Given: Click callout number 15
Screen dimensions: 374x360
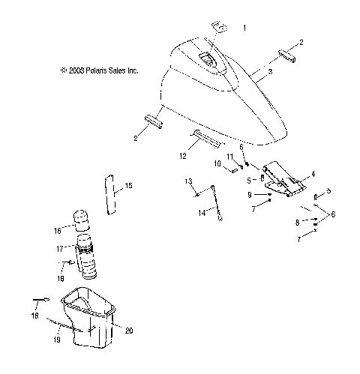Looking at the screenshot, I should (128, 184).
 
